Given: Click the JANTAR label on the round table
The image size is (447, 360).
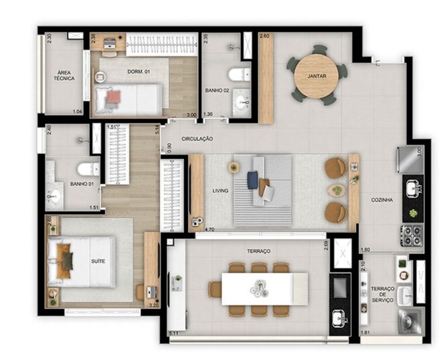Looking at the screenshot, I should [x=316, y=76].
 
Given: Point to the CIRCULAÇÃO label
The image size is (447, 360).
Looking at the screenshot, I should [x=197, y=139].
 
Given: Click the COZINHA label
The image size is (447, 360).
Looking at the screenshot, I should [x=382, y=200].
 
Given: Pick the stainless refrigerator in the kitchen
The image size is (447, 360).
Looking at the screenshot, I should [x=409, y=160].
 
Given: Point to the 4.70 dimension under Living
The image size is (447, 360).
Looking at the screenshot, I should [x=209, y=230].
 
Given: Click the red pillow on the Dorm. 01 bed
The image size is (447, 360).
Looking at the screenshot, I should [x=114, y=96].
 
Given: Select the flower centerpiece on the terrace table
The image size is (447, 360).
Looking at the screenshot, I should [x=259, y=287].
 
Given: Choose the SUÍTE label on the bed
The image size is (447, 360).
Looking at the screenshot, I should [x=98, y=261].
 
